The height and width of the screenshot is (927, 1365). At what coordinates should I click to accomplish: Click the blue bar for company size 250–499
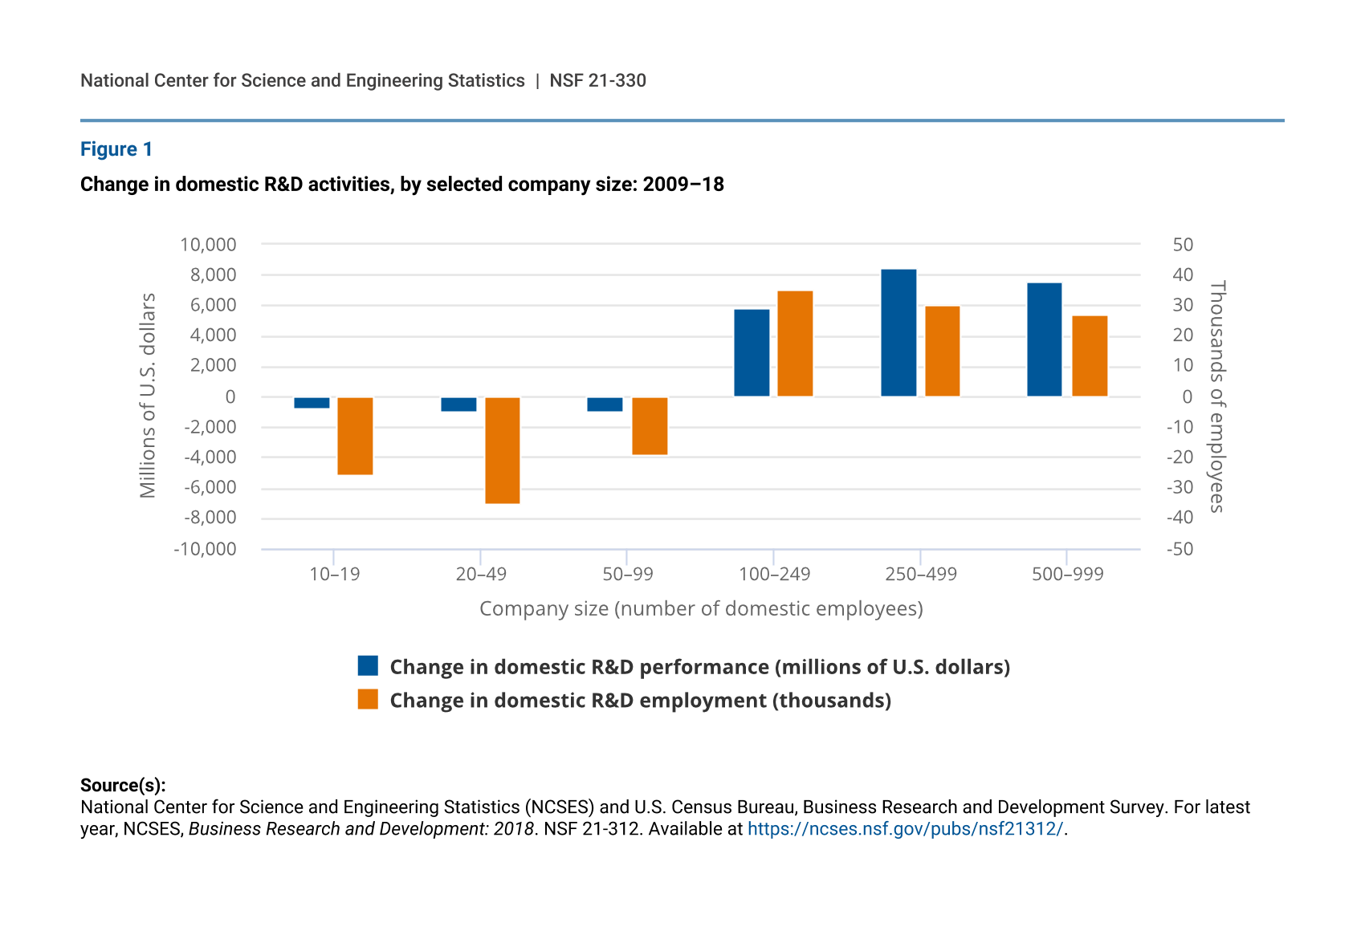(x=898, y=333)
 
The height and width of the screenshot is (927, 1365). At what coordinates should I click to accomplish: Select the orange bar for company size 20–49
(x=503, y=450)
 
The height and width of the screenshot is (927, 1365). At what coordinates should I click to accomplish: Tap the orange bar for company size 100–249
(x=795, y=344)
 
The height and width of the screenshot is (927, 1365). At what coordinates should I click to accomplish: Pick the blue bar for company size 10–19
(x=312, y=403)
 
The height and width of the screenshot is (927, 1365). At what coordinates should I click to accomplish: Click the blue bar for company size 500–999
(x=1045, y=339)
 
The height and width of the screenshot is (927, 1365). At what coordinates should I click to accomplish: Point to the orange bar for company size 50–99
(x=650, y=426)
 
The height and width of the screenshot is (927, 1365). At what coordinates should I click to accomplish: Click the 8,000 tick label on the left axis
(x=213, y=275)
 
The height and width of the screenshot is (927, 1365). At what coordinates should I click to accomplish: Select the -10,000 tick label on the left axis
(x=206, y=549)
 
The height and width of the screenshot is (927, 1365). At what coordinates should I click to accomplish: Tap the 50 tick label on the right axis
(x=1183, y=245)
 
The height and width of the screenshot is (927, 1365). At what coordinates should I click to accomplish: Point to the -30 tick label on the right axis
(x=1180, y=487)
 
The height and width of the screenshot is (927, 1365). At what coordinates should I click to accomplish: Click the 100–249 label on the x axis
(x=774, y=575)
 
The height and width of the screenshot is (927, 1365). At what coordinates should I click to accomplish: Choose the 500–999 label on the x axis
(x=1067, y=575)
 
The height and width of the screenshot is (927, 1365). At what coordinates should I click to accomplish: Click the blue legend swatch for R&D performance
(x=368, y=666)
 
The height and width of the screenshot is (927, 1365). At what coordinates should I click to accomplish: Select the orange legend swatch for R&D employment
(x=368, y=700)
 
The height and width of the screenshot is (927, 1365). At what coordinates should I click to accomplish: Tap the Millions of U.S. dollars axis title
(x=148, y=396)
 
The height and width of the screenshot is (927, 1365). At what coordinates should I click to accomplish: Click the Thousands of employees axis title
(x=1217, y=396)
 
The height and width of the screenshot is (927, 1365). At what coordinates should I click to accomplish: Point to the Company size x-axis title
(x=701, y=609)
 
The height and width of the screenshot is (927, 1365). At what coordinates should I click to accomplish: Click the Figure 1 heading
(x=116, y=149)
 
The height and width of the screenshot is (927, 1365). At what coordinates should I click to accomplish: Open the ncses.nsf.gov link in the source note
(x=905, y=829)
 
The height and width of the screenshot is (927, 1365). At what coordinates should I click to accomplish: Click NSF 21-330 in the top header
(x=597, y=81)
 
